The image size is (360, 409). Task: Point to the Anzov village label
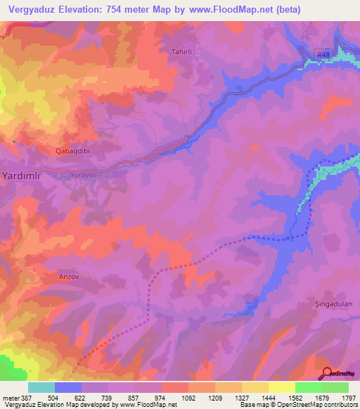72,277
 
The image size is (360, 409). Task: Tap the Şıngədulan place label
332,304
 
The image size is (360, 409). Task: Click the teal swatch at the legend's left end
41,387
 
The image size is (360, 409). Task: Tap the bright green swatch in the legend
308,387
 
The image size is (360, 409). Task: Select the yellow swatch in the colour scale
281,387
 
